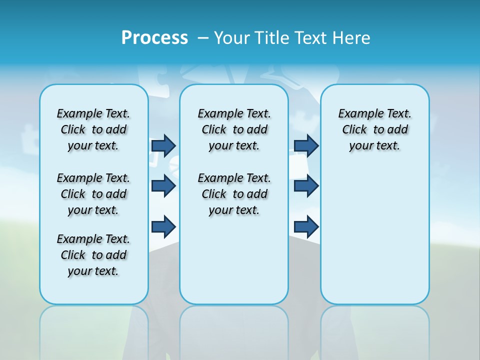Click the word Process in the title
pos(154,37)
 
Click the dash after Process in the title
pos(203,38)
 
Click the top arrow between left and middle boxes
pos(163,145)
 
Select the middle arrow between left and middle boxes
pos(163,186)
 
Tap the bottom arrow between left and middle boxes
pos(163,227)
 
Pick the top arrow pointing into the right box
pos(306,145)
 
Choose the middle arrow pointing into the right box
pos(306,186)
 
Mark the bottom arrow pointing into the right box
pos(306,227)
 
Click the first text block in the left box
pos(93,129)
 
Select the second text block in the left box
pos(93,194)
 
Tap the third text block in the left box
pos(93,255)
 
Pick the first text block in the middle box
pos(234,129)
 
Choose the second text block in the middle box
pos(234,194)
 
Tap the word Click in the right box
pos(354,130)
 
